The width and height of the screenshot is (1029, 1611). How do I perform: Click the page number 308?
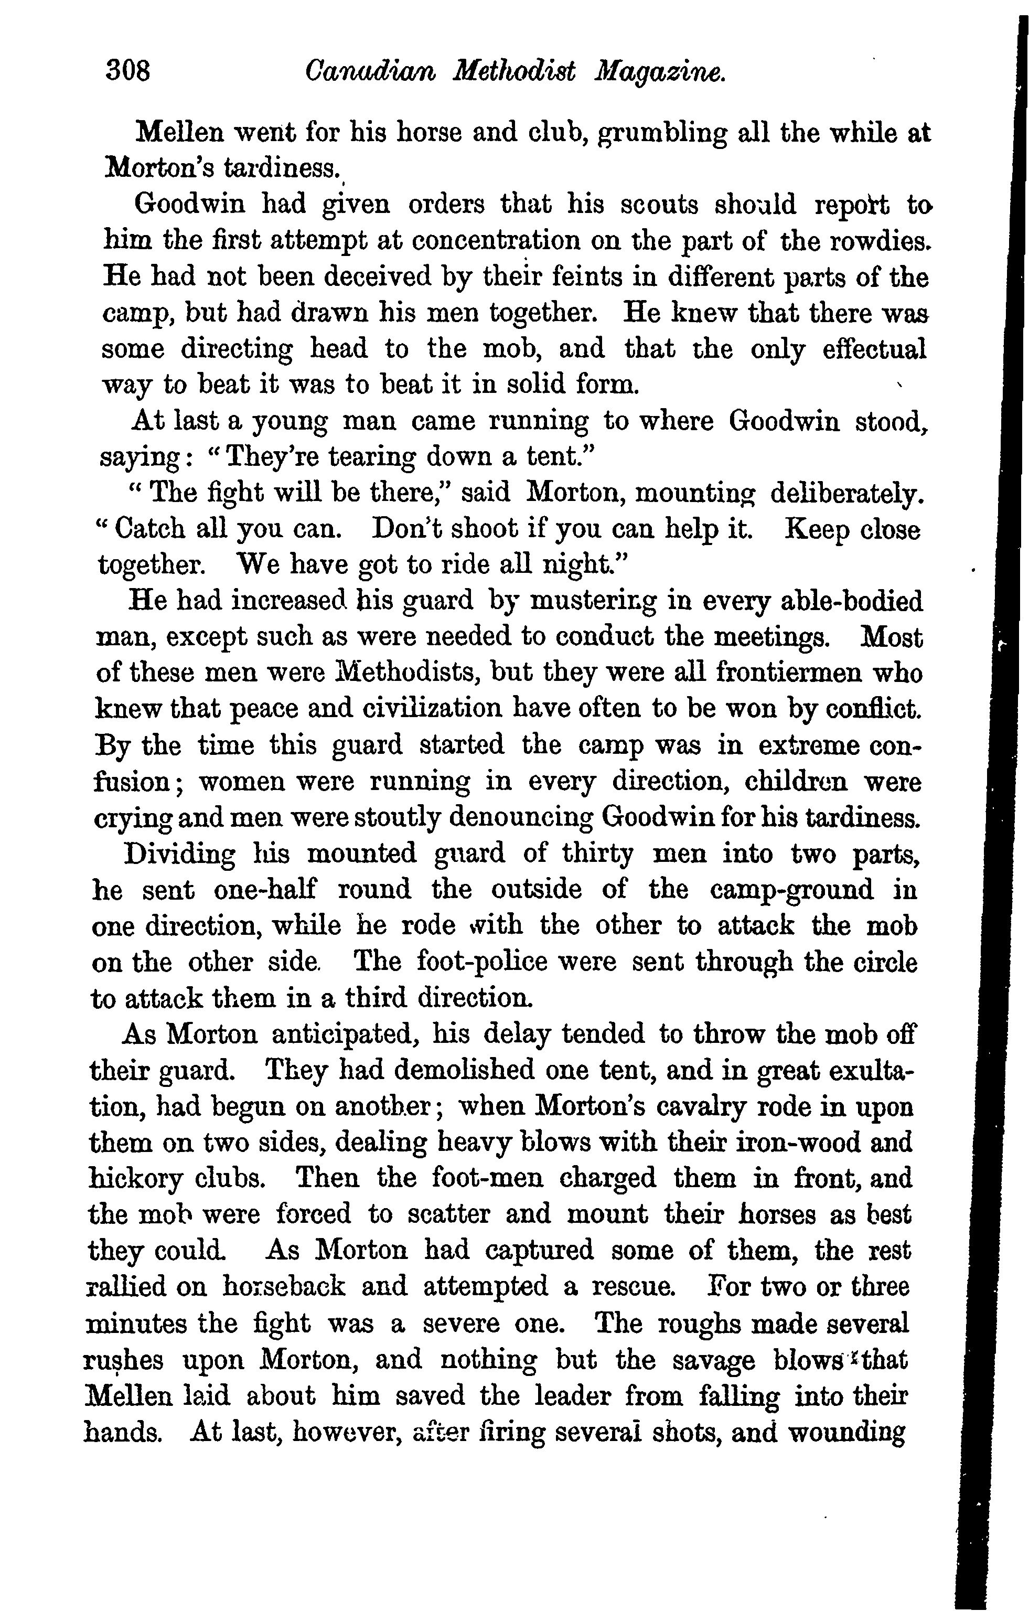[x=128, y=70]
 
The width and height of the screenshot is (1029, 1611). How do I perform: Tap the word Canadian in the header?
[x=369, y=70]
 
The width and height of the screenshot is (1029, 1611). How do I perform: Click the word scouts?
[x=659, y=204]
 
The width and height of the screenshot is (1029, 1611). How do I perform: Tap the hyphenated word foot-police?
[x=483, y=962]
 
